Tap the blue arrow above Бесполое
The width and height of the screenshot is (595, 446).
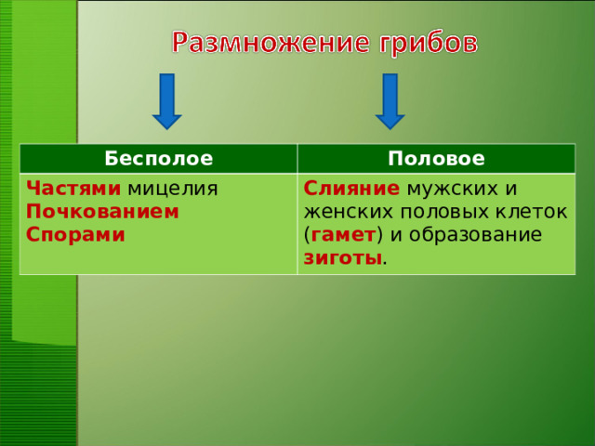pos(167,100)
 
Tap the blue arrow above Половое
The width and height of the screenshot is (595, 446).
pos(390,100)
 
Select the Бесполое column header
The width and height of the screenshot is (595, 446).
pos(158,158)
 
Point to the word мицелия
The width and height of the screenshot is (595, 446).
pos(173,189)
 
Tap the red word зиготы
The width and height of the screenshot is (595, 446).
pos(342,256)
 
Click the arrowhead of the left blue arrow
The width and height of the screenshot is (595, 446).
pos(167,120)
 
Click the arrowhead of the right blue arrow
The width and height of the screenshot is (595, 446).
pos(390,120)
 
